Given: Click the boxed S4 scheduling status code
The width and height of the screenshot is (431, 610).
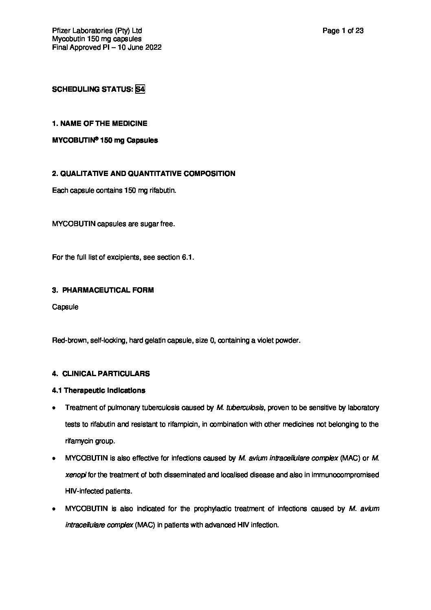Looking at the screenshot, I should [x=140, y=89].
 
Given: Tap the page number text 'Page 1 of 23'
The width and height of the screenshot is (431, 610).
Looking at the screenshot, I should [x=343, y=31].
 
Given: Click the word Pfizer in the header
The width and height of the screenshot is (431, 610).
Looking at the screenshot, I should [x=62, y=31].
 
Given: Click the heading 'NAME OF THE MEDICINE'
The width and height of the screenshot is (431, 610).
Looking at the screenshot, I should [x=103, y=123].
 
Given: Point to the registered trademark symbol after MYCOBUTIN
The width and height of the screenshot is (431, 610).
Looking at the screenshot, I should [x=97, y=139].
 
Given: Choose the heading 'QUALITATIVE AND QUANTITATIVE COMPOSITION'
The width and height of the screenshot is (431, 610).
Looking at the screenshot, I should [x=147, y=174].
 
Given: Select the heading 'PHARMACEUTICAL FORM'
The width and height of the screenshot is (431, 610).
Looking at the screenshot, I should [x=108, y=290].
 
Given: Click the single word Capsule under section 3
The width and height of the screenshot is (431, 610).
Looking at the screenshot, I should [x=65, y=307].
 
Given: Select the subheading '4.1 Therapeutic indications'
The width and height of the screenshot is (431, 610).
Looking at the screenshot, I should [x=99, y=390].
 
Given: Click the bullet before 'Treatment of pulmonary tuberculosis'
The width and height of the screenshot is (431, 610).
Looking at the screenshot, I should [x=54, y=408].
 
